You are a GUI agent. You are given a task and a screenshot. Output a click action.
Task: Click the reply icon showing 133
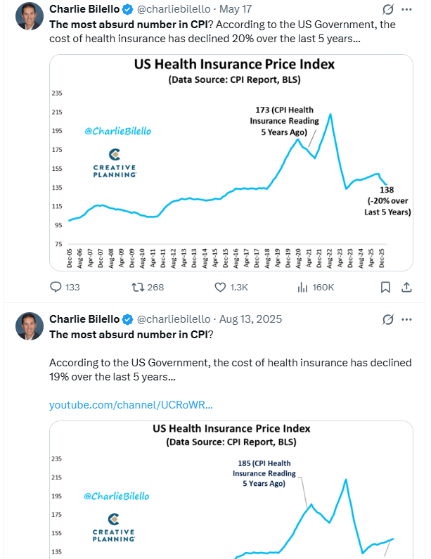tap(56, 287)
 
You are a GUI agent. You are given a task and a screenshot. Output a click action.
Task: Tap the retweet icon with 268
tap(138, 287)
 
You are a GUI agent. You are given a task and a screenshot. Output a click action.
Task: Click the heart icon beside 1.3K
tap(220, 288)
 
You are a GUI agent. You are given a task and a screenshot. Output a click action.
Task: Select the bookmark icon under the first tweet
tap(385, 288)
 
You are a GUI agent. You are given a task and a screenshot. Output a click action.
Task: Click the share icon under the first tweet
tap(406, 288)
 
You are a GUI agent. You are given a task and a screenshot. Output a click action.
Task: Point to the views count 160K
tap(323, 288)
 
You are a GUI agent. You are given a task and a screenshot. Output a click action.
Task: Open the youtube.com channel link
tap(131, 405)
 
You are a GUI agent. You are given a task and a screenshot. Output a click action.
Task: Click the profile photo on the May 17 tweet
tap(30, 16)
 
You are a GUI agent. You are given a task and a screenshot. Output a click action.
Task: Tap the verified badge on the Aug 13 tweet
tap(128, 319)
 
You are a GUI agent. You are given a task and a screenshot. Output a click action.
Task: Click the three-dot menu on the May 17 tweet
tap(406, 9)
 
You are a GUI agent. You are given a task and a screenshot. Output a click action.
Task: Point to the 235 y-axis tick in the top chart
tap(57, 93)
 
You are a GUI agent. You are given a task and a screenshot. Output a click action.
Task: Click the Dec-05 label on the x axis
tap(70, 258)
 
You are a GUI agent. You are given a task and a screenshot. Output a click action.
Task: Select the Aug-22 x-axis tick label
tap(329, 258)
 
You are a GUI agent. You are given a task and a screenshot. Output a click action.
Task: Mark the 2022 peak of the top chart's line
tap(330, 114)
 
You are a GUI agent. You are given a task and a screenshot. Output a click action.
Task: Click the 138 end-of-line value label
tap(387, 190)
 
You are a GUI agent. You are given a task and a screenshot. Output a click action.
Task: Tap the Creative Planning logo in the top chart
tap(115, 163)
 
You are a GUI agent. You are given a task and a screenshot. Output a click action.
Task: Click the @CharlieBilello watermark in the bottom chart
tap(117, 496)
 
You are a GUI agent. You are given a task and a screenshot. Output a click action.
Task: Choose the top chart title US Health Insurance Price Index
tap(234, 64)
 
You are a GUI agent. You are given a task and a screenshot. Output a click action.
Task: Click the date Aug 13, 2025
tap(250, 319)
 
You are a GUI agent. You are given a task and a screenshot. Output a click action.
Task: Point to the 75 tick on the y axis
tap(58, 244)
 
